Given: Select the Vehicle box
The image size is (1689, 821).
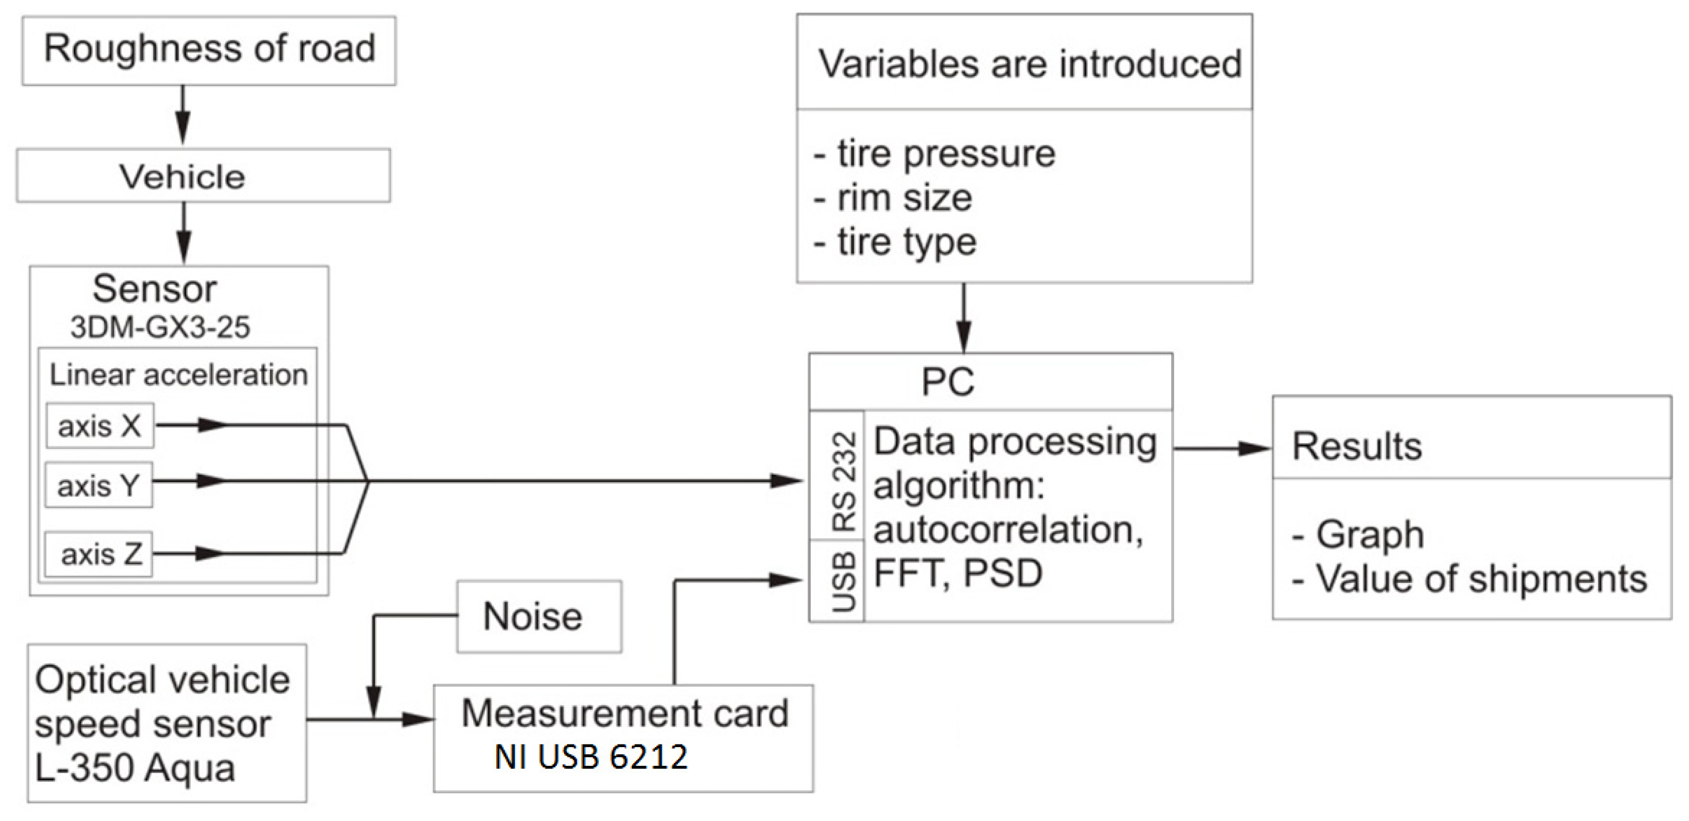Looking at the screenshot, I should point(203,176).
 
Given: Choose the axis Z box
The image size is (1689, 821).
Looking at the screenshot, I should point(99,554).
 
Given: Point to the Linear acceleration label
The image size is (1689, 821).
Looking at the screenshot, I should point(178,375).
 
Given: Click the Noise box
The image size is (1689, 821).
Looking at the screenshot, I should point(538,617).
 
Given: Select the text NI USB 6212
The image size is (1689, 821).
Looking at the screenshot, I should point(591,757).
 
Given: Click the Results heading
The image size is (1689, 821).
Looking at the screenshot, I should point(1357,446).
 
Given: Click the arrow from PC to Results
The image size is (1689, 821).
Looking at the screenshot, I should point(1222,449).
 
